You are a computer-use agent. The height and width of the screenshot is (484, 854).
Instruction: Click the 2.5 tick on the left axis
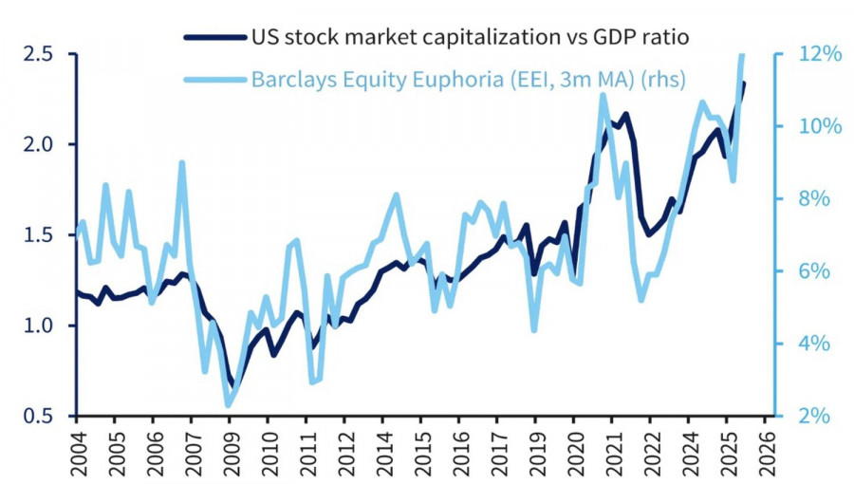(39, 54)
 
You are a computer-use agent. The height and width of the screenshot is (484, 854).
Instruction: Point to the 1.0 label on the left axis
(39, 326)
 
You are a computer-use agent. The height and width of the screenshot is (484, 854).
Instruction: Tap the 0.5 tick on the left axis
(39, 416)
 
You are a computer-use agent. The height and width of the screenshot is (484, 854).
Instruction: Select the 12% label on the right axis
(817, 54)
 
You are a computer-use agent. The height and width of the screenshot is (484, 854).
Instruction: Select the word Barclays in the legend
(290, 78)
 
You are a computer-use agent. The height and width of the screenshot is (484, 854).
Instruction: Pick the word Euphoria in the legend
(440, 78)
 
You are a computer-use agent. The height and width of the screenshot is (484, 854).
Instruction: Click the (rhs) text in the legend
(663, 78)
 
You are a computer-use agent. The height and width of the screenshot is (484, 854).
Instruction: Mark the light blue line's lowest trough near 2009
(229, 405)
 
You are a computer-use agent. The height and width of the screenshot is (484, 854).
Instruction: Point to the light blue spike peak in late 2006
(181, 163)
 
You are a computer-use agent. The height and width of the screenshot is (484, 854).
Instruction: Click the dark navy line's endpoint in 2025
(744, 84)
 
